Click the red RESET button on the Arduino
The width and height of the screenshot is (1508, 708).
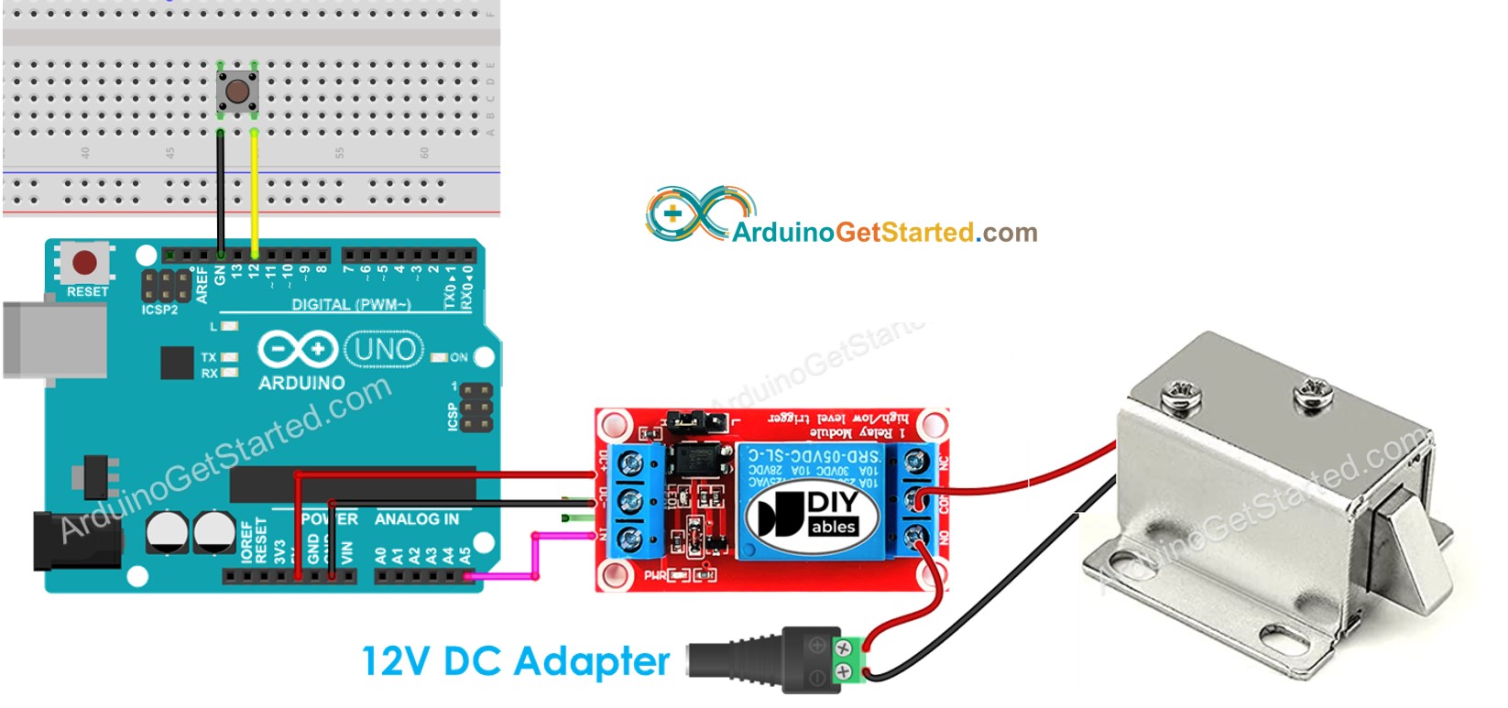[x=84, y=264]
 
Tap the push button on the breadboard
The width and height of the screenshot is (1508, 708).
[x=237, y=92]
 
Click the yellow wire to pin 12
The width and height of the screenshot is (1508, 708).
[x=254, y=192]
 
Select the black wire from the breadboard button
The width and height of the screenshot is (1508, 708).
[x=221, y=192]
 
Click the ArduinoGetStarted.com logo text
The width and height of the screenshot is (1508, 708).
[x=884, y=233]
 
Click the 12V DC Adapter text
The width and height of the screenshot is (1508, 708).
[x=516, y=661]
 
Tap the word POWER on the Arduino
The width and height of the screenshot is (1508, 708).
[x=330, y=519]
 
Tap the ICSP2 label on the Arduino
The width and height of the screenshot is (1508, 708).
[x=159, y=310]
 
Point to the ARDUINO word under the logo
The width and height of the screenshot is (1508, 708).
[x=301, y=383]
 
